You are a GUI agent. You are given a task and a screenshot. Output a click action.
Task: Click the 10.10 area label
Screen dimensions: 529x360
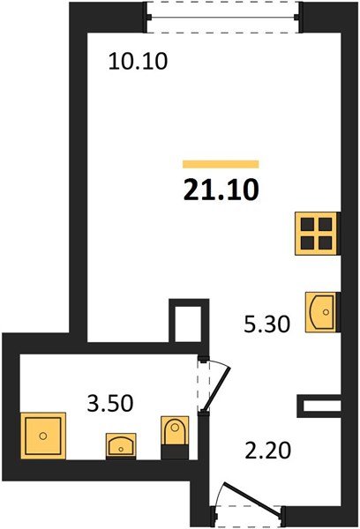pyautogui.click(x=137, y=62)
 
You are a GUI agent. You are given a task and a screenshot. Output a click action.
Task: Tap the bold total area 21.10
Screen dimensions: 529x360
pyautogui.click(x=221, y=189)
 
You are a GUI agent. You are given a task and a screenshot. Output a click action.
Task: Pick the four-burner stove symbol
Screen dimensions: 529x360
pyautogui.click(x=317, y=231)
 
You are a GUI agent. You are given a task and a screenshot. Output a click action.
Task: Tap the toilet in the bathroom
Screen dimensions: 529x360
pyautogui.click(x=175, y=436)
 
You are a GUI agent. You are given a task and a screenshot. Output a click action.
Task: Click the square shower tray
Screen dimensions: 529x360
pyautogui.click(x=41, y=436)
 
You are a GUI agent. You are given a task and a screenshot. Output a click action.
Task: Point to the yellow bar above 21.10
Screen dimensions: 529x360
pyautogui.click(x=221, y=163)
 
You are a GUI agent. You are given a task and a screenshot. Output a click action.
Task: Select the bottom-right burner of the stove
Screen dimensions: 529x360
pyautogui.click(x=325, y=239)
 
